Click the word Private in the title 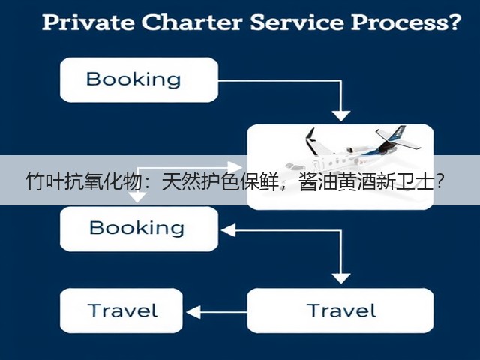(88, 22)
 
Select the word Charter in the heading (192, 22)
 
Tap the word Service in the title (297, 22)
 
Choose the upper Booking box (139, 80)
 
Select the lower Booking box (139, 229)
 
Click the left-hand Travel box (121, 310)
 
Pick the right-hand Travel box (340, 310)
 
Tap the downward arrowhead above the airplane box (341, 115)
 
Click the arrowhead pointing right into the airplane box (235, 167)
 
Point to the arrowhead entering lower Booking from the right (228, 230)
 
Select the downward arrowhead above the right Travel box (341, 278)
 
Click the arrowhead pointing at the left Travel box (193, 312)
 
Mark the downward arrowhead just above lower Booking (137, 197)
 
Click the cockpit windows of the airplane (293, 166)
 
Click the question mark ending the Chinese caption (440, 181)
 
